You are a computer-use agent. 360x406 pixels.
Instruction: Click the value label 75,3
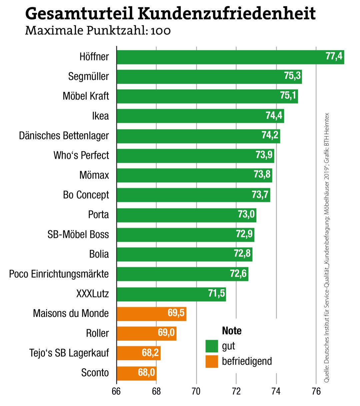(x=292, y=76)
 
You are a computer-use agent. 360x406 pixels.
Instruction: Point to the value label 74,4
(x=274, y=116)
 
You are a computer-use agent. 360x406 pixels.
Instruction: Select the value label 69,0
(x=166, y=333)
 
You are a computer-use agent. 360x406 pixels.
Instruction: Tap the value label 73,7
(x=260, y=195)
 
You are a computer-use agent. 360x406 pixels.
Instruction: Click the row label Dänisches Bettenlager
(x=64, y=136)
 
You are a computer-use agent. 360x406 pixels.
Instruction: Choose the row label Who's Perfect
(x=81, y=155)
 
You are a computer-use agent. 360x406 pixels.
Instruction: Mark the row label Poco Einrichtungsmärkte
(x=59, y=274)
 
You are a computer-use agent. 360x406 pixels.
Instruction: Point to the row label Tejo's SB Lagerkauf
(x=69, y=353)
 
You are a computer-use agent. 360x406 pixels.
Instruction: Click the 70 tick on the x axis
(x=196, y=391)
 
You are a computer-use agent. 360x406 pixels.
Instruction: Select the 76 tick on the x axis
(x=316, y=391)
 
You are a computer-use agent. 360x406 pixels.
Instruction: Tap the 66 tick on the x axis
(x=116, y=391)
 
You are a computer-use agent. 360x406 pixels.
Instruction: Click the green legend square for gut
(x=212, y=346)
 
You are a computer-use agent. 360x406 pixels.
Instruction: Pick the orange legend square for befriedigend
(x=212, y=361)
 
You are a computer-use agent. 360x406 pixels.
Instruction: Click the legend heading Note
(x=232, y=331)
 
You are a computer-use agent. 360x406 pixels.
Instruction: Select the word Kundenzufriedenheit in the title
(x=227, y=14)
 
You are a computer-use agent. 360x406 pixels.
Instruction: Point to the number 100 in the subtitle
(x=161, y=31)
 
